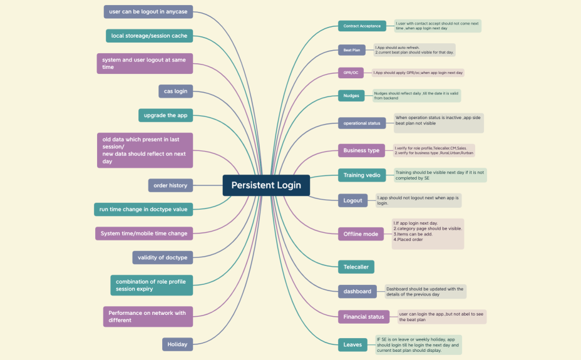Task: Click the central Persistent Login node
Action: tap(266, 185)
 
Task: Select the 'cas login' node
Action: tap(175, 91)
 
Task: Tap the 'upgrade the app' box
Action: tap(165, 115)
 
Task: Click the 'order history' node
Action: tap(170, 185)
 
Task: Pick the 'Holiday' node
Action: tap(177, 344)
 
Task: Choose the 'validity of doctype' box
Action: tap(163, 257)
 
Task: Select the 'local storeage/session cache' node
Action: tap(149, 36)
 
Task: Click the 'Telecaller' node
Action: tap(356, 267)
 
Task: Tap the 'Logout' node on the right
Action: tap(352, 200)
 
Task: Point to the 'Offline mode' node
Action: tap(361, 234)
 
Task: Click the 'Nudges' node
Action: tap(351, 96)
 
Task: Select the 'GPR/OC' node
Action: tap(351, 73)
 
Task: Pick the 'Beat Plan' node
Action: tap(351, 49)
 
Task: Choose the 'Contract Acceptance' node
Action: tap(362, 26)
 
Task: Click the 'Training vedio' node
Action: tap(362, 175)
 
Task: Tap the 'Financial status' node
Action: tap(364, 317)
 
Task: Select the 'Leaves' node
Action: tap(352, 344)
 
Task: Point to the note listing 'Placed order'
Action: tap(428, 234)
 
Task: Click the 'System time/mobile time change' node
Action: tap(144, 234)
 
